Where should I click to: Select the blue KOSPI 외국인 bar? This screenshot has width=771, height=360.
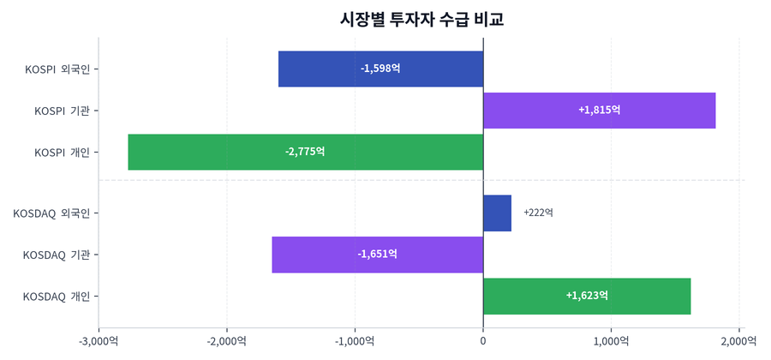(x=326, y=69)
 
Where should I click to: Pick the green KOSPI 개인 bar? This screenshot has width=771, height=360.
(x=214, y=152)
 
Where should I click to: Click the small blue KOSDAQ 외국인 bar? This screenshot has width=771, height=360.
(x=497, y=213)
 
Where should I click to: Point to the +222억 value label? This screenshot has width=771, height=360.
(x=538, y=213)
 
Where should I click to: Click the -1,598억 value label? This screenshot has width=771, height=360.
(x=380, y=69)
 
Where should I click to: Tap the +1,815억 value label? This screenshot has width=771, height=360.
(x=599, y=111)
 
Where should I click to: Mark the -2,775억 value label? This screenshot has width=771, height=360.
(x=305, y=152)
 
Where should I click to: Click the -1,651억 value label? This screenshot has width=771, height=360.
(x=377, y=255)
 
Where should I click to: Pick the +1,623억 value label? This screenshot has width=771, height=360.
(x=587, y=296)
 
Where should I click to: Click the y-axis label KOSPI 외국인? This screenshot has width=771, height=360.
(x=57, y=69)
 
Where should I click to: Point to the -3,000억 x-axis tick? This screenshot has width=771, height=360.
(x=99, y=341)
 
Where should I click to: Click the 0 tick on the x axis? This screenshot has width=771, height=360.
(x=483, y=341)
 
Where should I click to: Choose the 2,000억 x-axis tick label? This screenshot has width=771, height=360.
(x=738, y=341)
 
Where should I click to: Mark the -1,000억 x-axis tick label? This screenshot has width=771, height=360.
(x=355, y=341)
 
